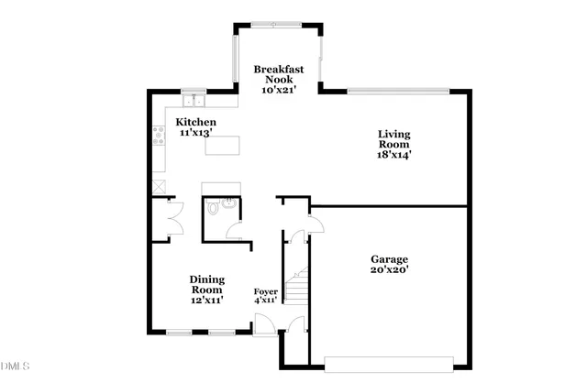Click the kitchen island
(222, 145)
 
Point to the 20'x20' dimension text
(390, 270)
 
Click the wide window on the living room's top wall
(398, 90)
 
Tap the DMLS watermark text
(16, 367)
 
